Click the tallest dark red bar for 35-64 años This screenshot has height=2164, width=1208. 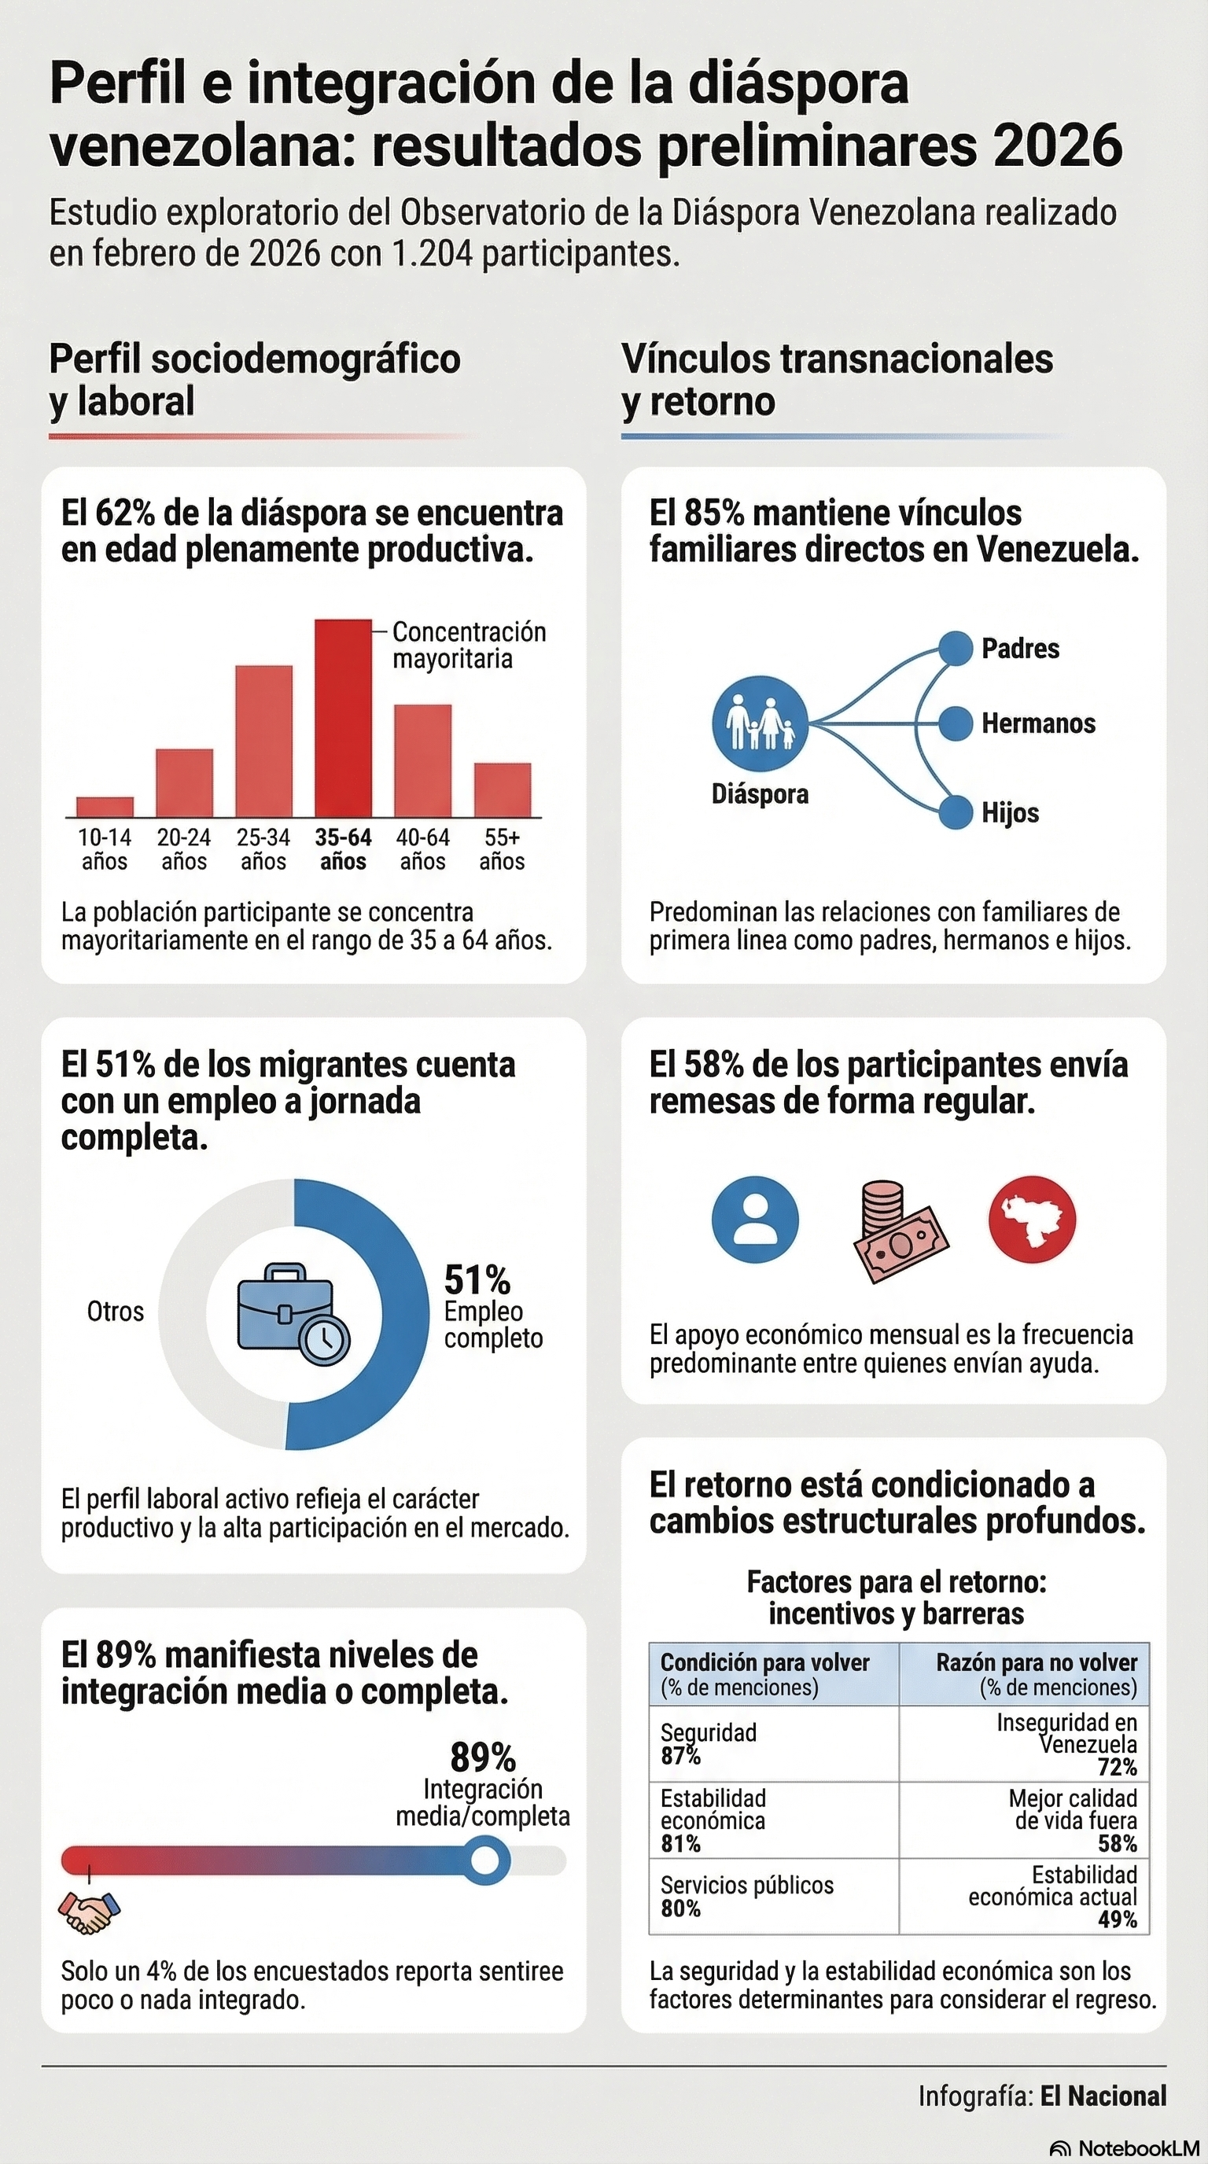[x=343, y=718]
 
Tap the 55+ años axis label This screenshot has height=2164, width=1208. [x=502, y=848]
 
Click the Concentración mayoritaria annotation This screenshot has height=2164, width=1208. [x=469, y=645]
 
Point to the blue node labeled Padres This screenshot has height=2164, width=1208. [x=954, y=648]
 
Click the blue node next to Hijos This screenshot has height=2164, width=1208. [x=954, y=812]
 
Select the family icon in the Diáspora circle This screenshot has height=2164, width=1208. [x=761, y=723]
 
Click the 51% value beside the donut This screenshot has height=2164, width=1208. [x=477, y=1280]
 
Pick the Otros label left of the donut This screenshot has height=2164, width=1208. [x=115, y=1312]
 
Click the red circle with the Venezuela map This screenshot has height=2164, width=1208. [x=1032, y=1219]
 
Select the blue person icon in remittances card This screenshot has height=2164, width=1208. [x=754, y=1219]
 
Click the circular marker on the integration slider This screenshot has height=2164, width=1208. [x=484, y=1860]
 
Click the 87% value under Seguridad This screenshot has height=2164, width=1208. [x=679, y=1756]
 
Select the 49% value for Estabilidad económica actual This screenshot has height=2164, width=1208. [x=1117, y=1919]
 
